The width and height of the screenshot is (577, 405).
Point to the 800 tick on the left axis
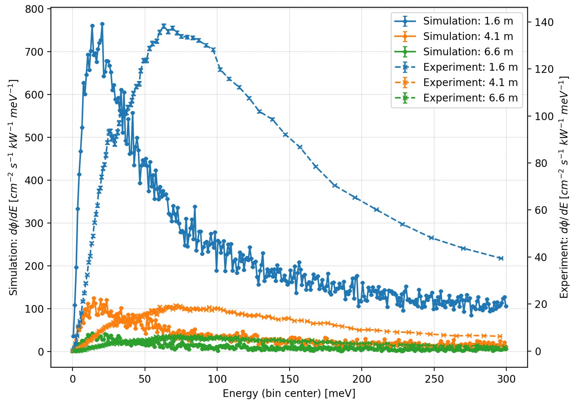tap(34, 9)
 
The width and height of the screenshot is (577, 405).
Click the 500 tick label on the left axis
tap(34, 138)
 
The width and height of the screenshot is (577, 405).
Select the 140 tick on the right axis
tap(544, 22)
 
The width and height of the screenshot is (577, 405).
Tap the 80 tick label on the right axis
tap(541, 163)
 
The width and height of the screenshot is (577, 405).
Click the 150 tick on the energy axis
tap(290, 379)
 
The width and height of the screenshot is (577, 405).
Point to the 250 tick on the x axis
tap(434, 379)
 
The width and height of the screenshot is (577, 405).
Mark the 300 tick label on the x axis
tap(506, 379)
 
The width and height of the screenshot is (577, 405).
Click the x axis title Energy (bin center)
tap(289, 394)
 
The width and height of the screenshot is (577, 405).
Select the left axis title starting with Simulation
tap(14, 187)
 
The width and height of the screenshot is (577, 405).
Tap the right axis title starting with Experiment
tap(564, 187)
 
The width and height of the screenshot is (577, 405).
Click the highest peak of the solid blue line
tap(102, 24)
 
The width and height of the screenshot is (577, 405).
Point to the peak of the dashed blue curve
tap(164, 26)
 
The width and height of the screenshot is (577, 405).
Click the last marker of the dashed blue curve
tap(501, 258)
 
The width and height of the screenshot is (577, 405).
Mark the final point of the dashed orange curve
tap(501, 336)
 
